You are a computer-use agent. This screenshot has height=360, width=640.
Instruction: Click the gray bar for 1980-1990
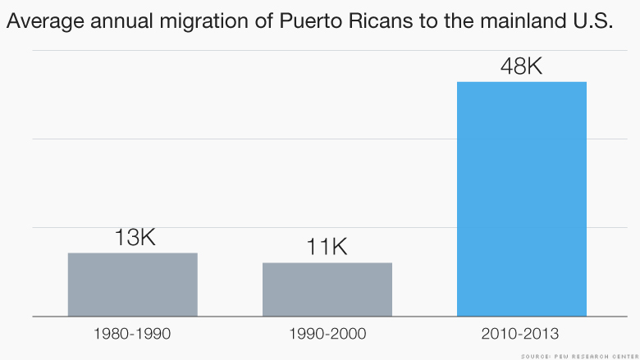click(132, 284)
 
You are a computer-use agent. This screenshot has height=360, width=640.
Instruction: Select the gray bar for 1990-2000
click(327, 289)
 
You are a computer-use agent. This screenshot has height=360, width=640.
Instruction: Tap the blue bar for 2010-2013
click(521, 198)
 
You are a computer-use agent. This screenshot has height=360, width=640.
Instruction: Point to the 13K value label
click(133, 238)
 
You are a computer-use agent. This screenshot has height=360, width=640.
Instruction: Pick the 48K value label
click(521, 66)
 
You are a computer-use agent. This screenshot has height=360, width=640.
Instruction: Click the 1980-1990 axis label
click(132, 334)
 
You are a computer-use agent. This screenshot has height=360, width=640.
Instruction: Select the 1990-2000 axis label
click(327, 334)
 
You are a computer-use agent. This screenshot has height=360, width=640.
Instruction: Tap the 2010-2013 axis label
click(521, 334)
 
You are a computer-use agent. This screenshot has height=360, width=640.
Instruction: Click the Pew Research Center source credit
click(579, 355)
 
